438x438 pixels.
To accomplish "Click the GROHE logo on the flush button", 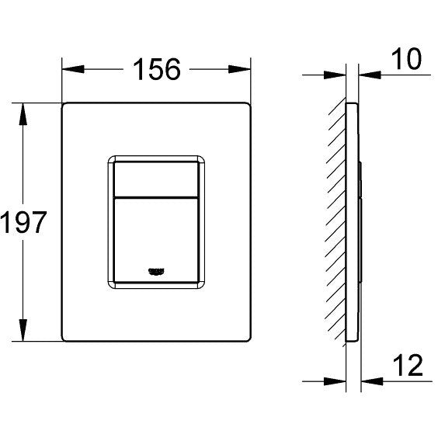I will coord(157,269).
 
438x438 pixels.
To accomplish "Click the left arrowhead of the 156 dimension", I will coord(70,70).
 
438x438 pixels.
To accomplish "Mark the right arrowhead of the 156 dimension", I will coord(245,70).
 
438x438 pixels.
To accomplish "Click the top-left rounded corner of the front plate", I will coord(65,105).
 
